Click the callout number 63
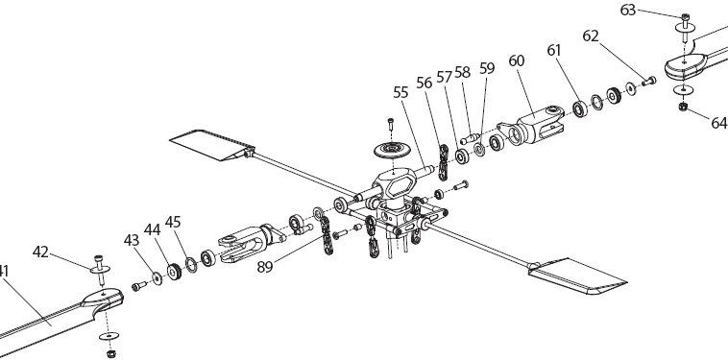click(628, 11)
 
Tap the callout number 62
click(591, 36)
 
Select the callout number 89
click(265, 268)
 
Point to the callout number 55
click(400, 92)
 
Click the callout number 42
click(40, 252)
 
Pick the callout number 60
click(517, 60)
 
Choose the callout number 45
click(173, 222)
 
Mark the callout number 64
click(719, 123)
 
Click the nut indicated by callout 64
click(683, 107)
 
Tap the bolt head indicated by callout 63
click(686, 17)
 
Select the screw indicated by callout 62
click(648, 82)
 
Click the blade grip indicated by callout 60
click(531, 125)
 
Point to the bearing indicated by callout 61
click(580, 109)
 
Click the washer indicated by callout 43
click(158, 278)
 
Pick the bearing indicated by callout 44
click(174, 272)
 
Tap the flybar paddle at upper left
click(212, 144)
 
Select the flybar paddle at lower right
click(577, 276)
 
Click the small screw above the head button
click(391, 125)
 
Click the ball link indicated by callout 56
click(444, 162)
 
